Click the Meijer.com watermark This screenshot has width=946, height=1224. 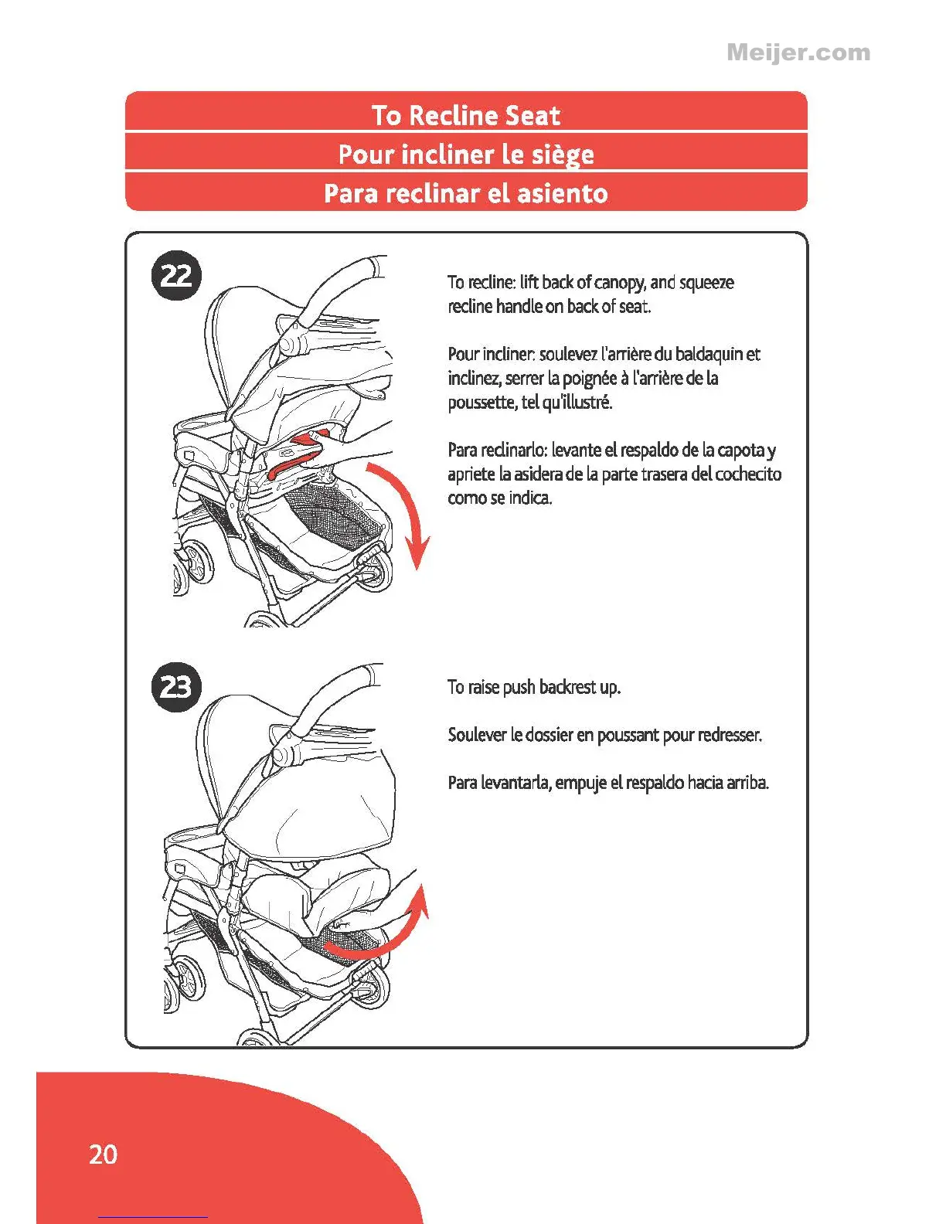798,53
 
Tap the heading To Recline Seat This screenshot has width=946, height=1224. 466,115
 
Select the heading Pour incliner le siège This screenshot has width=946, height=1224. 466,155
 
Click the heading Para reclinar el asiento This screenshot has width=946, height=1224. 466,193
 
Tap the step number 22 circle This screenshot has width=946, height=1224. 176,275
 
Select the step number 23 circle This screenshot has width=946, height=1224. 176,686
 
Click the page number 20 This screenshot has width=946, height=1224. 103,1154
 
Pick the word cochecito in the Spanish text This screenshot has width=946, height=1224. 748,474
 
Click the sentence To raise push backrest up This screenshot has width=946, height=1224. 534,687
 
